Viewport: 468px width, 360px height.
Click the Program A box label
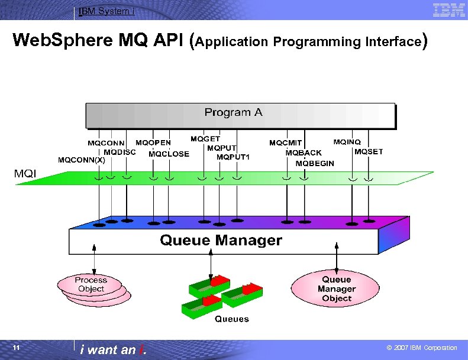click(233, 112)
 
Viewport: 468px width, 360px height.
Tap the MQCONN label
click(106, 143)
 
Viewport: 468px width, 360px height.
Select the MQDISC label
click(120, 152)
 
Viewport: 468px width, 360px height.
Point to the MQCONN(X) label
click(82, 160)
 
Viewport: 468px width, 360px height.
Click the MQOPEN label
click(153, 142)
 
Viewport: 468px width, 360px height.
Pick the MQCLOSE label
click(169, 154)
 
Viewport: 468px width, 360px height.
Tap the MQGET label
click(205, 139)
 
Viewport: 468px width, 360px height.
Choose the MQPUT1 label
click(233, 157)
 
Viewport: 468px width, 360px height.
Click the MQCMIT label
click(286, 143)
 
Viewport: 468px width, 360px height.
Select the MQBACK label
click(304, 153)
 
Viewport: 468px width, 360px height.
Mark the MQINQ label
click(347, 142)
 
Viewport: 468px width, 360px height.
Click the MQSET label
click(369, 152)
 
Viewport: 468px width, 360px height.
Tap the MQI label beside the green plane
click(25, 173)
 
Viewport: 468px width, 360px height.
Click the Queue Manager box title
click(221, 241)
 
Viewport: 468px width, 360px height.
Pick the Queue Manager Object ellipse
click(337, 288)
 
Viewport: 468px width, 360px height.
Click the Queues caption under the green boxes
click(231, 319)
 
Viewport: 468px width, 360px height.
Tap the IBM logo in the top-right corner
click(448, 9)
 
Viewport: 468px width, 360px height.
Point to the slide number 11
click(17, 348)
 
